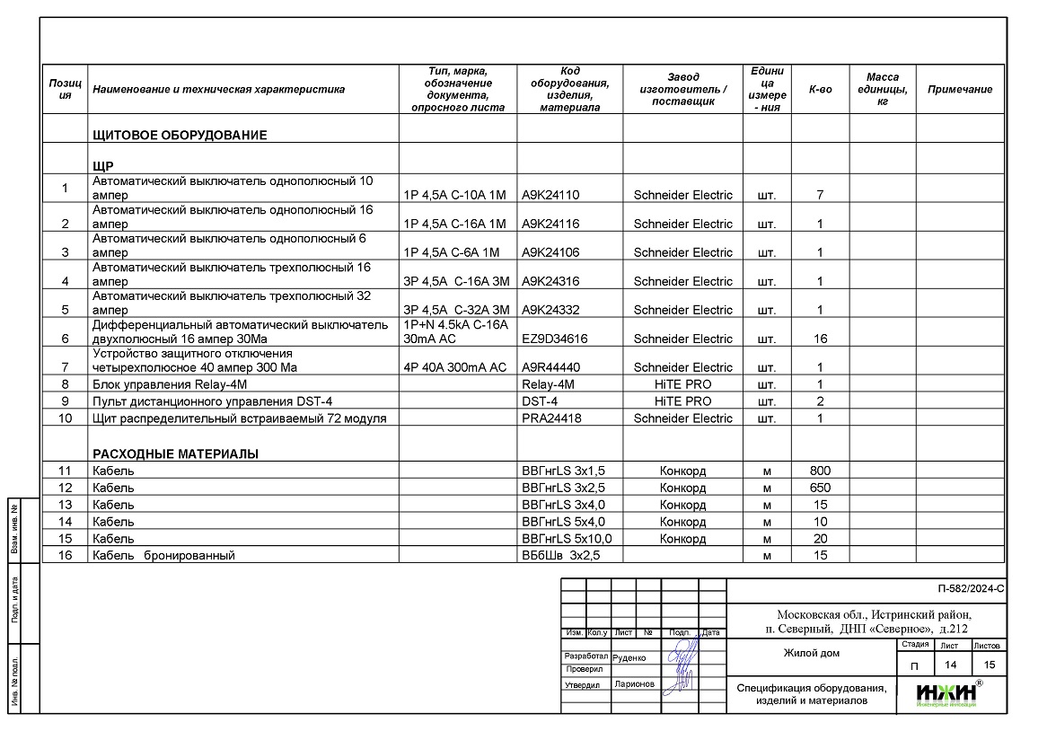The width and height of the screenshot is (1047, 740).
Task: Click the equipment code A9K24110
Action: coord(550,195)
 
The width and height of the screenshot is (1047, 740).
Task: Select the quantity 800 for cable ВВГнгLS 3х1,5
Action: coord(820,471)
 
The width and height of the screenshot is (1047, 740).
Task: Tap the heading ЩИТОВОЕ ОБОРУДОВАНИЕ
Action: coord(180,136)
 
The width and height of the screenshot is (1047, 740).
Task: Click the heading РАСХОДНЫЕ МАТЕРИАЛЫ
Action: coord(175,454)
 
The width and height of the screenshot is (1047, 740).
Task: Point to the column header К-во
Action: coord(820,90)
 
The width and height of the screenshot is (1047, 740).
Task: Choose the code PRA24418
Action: coord(550,418)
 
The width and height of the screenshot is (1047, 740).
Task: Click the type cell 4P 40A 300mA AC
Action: coord(455,367)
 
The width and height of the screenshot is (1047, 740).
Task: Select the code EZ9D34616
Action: coord(554,339)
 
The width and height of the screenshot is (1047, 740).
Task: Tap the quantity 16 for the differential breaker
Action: coord(820,339)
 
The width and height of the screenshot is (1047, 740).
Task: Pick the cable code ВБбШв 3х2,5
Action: coord(560,555)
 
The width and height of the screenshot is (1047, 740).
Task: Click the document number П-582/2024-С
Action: coord(970,590)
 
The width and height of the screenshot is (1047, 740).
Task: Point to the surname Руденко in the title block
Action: coord(629,657)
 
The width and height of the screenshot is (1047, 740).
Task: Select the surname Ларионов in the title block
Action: coord(635,684)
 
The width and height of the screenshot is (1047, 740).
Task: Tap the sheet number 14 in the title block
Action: coord(948,665)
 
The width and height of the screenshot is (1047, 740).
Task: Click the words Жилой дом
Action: coord(811,653)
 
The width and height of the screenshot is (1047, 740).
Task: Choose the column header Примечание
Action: coord(959,90)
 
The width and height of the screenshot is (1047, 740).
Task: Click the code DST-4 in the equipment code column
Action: coord(540,401)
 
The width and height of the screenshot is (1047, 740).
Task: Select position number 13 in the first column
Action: coord(65,505)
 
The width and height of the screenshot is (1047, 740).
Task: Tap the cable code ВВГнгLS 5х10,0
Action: coord(567,538)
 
